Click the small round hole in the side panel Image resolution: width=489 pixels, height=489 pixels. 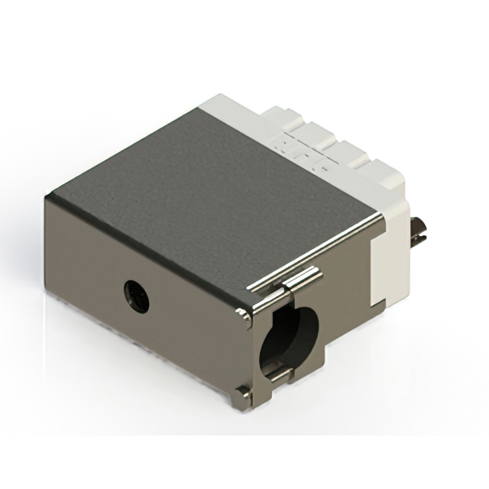pos(136,295)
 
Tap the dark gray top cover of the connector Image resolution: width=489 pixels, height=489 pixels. pos(206,191)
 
